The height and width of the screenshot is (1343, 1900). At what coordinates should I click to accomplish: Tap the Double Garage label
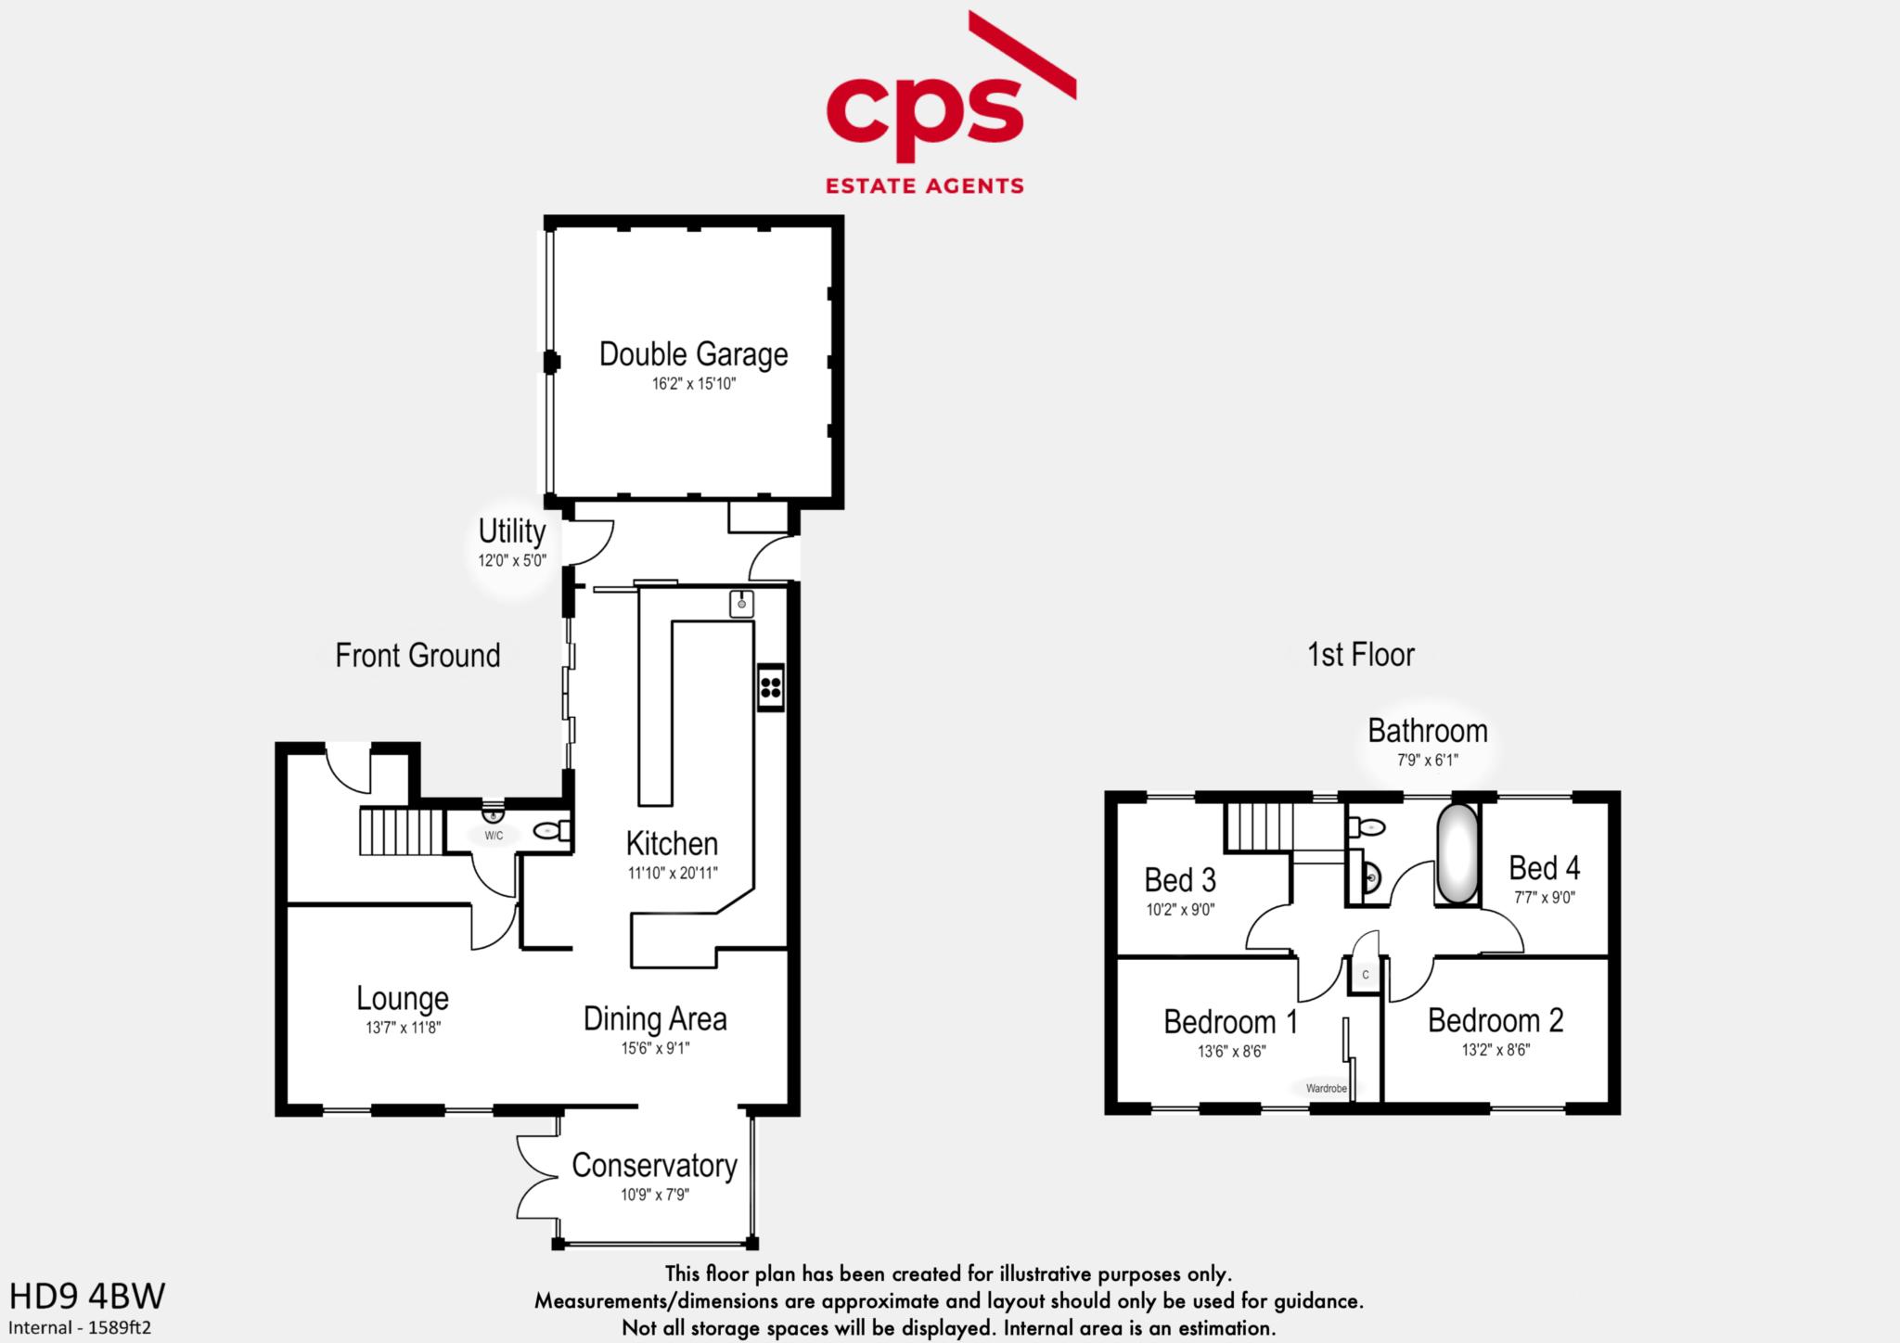(694, 354)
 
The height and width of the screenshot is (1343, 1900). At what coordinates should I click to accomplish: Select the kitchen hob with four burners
(771, 687)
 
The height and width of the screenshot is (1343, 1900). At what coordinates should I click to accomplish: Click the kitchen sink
(741, 603)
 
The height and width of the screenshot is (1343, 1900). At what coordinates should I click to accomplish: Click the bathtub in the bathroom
(1457, 854)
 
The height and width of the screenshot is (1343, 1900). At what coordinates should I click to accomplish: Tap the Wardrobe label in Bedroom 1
(1326, 1088)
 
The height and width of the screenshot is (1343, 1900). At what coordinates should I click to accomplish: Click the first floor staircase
(1260, 826)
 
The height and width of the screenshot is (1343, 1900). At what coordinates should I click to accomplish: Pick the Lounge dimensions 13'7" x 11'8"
(403, 1028)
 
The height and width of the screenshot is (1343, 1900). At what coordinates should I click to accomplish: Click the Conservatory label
(654, 1166)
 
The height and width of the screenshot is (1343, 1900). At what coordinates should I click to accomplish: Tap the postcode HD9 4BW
(87, 1295)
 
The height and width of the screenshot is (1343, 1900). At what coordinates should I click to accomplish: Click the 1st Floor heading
(1361, 655)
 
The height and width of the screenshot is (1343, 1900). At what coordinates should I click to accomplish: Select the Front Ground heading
(417, 656)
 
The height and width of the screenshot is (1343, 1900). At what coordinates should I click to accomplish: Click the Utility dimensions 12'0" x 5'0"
(512, 560)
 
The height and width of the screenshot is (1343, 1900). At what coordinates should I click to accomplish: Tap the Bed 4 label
(1544, 868)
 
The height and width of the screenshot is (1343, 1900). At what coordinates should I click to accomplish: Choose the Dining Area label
(655, 1018)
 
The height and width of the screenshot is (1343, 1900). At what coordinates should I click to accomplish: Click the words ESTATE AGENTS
(925, 185)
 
